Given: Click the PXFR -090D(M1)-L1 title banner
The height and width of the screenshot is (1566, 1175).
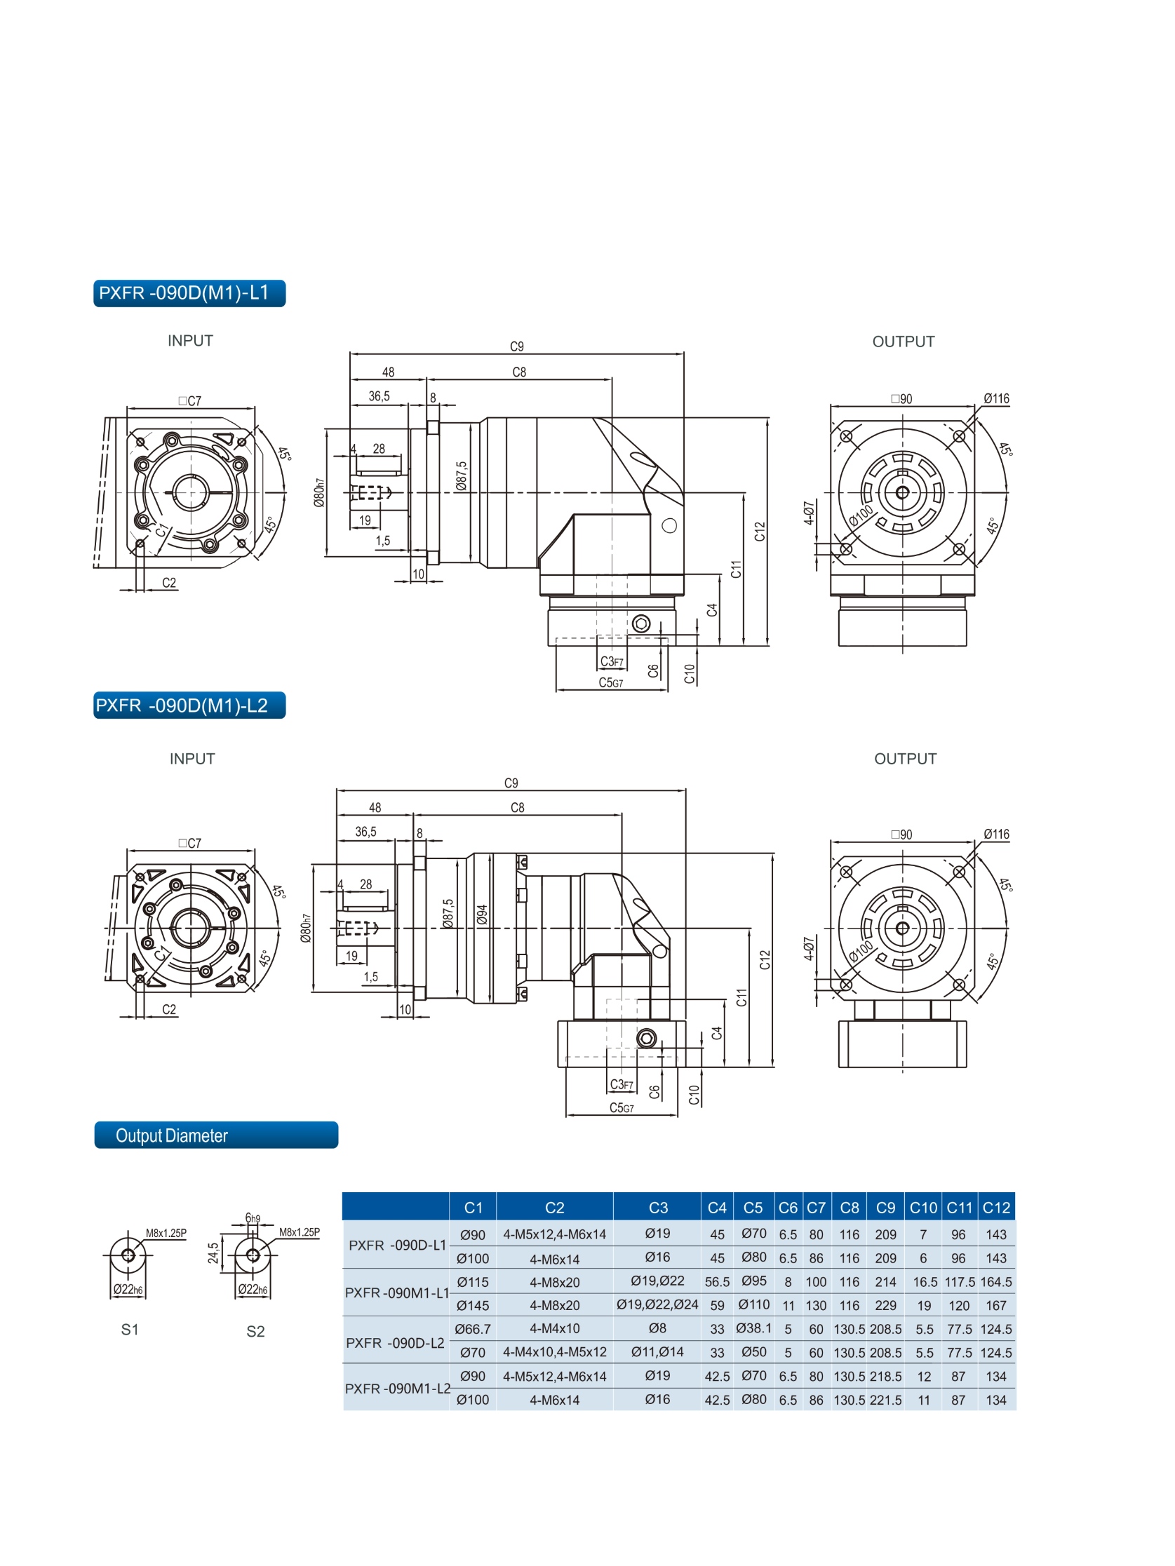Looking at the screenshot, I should (x=189, y=293).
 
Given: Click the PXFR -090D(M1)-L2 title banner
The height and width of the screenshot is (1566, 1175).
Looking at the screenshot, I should (x=189, y=705).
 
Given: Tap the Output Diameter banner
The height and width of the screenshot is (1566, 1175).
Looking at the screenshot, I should (x=215, y=1135).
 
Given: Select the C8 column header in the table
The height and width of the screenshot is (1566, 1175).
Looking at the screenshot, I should (x=850, y=1208).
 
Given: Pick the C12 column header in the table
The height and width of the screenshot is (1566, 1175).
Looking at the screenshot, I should (x=996, y=1208).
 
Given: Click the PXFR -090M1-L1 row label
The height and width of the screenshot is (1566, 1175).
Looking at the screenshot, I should (x=396, y=1292).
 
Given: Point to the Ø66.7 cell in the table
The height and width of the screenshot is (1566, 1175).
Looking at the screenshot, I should (x=472, y=1329).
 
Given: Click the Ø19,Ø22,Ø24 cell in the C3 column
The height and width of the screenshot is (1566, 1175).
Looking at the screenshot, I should (x=657, y=1304).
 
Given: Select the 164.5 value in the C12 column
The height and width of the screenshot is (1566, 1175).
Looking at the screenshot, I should (x=996, y=1281).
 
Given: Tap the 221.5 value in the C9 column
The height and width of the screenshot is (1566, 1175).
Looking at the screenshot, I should (x=885, y=1400).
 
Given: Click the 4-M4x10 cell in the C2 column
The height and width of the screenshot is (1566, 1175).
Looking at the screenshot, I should (x=555, y=1329).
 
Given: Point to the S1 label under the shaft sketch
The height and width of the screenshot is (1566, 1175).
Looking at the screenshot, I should (x=130, y=1330).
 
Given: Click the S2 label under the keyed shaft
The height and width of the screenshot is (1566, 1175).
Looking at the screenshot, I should (x=255, y=1331).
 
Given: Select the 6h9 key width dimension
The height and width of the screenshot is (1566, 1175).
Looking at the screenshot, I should (x=253, y=1217).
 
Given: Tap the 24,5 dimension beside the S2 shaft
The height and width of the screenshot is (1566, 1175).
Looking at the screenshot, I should (x=213, y=1253).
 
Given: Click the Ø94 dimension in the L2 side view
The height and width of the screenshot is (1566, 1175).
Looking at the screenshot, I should (x=483, y=914).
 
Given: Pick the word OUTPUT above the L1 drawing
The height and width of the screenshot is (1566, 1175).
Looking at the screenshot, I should (x=903, y=342).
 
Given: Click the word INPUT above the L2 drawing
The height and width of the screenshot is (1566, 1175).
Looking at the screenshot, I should (x=192, y=759).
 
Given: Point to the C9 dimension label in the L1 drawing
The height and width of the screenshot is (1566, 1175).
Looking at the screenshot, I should (x=517, y=346).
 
